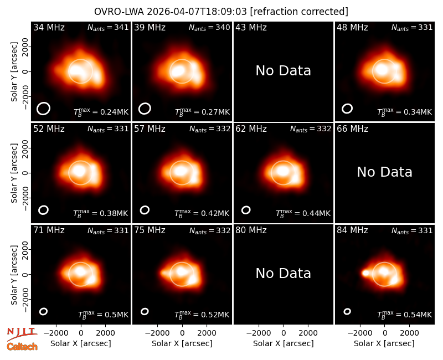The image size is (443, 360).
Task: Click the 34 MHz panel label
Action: [x=49, y=27]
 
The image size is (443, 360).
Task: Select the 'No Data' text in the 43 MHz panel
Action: [x=283, y=71]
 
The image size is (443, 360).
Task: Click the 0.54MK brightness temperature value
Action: [x=404, y=314]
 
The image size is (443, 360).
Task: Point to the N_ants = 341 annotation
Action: [x=108, y=27]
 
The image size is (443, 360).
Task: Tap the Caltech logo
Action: [x=22, y=347]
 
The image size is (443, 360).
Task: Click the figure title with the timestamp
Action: [x=221, y=12]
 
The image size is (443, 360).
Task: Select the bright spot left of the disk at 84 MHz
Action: [x=365, y=273]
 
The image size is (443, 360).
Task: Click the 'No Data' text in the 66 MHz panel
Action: [x=384, y=172]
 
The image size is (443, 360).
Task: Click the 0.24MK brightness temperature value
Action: [x=101, y=112]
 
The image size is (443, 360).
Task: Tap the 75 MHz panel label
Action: [x=150, y=230]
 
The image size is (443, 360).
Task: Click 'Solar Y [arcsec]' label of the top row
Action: [x=14, y=72]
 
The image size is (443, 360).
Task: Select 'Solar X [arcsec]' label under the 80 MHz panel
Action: [x=283, y=343]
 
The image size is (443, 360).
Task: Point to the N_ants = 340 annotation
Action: [x=209, y=27]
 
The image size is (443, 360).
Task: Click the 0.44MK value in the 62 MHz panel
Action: [x=303, y=213]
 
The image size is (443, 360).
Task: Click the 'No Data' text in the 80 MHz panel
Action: [x=283, y=273]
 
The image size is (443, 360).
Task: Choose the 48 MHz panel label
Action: [x=352, y=27]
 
